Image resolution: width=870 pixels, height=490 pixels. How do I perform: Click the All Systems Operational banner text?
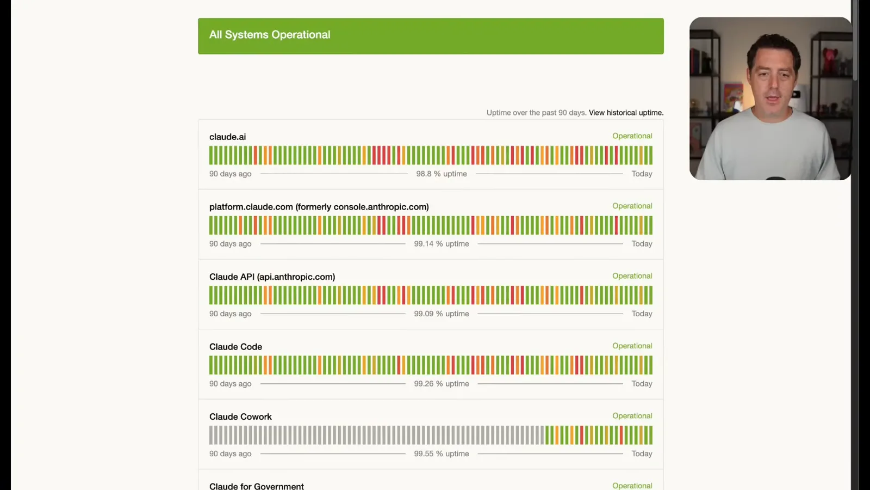coord(270,35)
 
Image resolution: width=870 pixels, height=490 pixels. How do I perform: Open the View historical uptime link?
coord(626,113)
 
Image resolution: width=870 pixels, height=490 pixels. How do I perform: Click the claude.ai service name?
coord(228,137)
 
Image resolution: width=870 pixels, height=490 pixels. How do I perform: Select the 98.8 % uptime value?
coord(442,174)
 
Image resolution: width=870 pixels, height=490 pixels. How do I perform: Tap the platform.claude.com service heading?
coord(319,207)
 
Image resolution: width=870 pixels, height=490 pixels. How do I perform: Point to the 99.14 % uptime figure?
coord(442,244)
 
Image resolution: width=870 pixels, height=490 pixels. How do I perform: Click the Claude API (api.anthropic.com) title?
coord(272,277)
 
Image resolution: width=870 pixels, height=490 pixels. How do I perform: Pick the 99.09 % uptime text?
coord(442,314)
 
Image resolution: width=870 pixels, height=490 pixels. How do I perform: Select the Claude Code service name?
coord(236,347)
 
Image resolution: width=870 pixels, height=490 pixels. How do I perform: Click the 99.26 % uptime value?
coord(442,384)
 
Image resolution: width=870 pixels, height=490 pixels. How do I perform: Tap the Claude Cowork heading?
coord(240,417)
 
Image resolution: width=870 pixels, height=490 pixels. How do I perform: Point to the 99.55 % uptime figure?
coord(442,454)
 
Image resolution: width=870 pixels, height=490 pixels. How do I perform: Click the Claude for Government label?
coord(257,486)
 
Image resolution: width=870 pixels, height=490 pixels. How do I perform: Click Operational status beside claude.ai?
coord(632,136)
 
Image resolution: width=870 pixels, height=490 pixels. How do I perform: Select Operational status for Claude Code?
coord(632,346)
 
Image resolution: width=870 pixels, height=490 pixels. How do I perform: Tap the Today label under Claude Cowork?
coord(642,454)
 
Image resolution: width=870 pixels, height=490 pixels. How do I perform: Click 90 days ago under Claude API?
coord(231,314)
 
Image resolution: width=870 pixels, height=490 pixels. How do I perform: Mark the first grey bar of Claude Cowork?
coord(211,435)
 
